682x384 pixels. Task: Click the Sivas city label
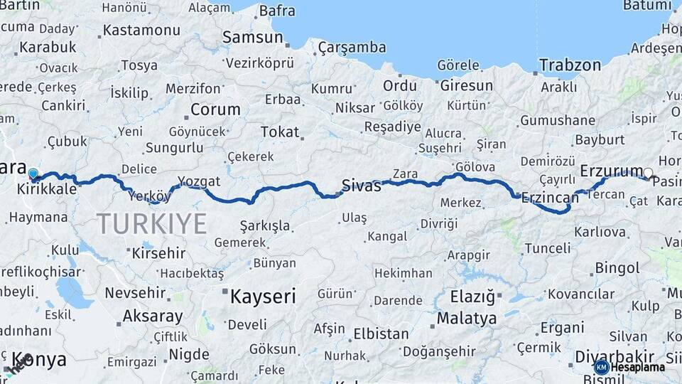(x=361, y=186)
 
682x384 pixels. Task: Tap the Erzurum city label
(x=611, y=171)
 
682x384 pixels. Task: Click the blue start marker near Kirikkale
(x=33, y=173)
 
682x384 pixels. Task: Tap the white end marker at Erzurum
(x=648, y=172)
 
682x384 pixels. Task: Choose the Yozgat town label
(x=199, y=181)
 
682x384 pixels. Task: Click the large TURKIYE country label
(x=152, y=223)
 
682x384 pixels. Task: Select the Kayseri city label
(x=262, y=297)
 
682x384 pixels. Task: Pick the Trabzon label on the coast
(x=570, y=65)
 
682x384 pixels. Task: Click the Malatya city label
(x=466, y=318)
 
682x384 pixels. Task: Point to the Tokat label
(x=280, y=132)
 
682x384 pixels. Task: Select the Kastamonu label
(x=141, y=31)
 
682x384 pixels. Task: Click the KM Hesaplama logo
(x=630, y=367)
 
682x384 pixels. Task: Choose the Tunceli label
(x=547, y=248)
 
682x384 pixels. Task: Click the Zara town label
(x=404, y=174)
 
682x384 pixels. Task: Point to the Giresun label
(x=466, y=85)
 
